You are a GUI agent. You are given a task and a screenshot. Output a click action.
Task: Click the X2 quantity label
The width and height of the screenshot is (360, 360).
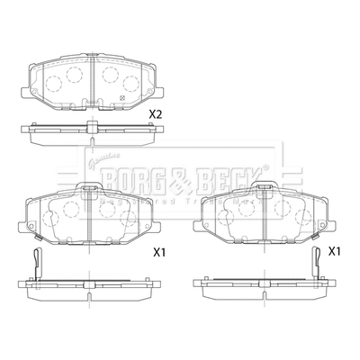tap(155, 114)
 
